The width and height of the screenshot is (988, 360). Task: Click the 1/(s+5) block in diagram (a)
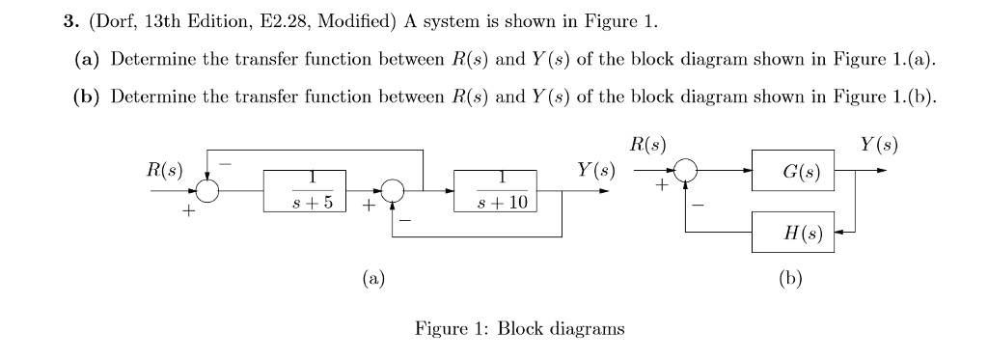305,191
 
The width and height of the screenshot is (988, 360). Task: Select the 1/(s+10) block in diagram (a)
491,191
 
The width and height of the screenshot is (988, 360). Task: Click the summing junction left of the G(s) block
685,171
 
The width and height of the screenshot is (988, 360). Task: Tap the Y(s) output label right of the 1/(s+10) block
595,171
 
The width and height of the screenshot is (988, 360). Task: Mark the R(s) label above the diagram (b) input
647,146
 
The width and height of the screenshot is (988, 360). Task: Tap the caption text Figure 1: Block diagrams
519,328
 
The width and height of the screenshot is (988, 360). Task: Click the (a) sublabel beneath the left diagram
372,280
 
